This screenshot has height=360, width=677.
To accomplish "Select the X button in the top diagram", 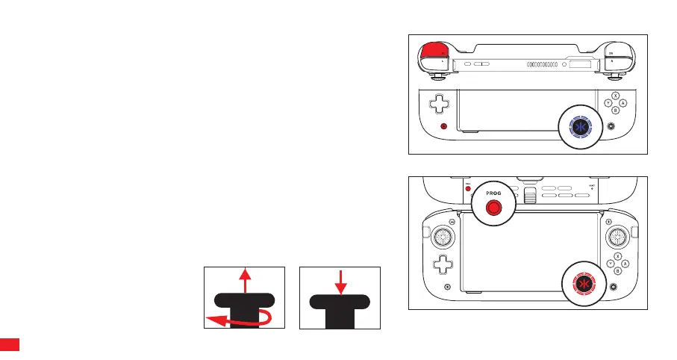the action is [615, 96].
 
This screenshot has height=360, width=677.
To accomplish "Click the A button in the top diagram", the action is [623, 103].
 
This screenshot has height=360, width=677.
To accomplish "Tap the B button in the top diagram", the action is [615, 111].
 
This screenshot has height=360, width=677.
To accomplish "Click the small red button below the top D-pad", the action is [443, 127].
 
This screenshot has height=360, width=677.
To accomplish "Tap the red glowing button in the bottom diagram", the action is [583, 283].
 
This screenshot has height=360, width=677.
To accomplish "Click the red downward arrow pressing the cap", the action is [340, 282].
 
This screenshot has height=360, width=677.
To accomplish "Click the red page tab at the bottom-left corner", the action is [9, 345].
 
